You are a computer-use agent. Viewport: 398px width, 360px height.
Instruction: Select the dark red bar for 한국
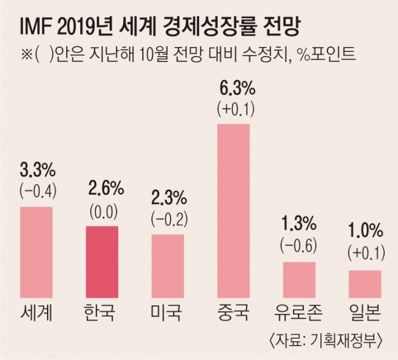[x=102, y=262]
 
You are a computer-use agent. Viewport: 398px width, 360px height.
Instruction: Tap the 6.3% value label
[x=233, y=90]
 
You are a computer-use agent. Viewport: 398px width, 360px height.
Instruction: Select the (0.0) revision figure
[x=102, y=211]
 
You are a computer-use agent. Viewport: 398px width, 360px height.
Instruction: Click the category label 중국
[x=233, y=314]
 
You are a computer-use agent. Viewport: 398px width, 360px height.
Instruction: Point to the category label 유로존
[x=299, y=314]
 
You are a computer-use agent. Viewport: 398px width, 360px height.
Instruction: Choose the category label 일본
[x=365, y=314]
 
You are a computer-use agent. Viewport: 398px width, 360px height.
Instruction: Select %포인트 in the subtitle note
[x=331, y=56]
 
